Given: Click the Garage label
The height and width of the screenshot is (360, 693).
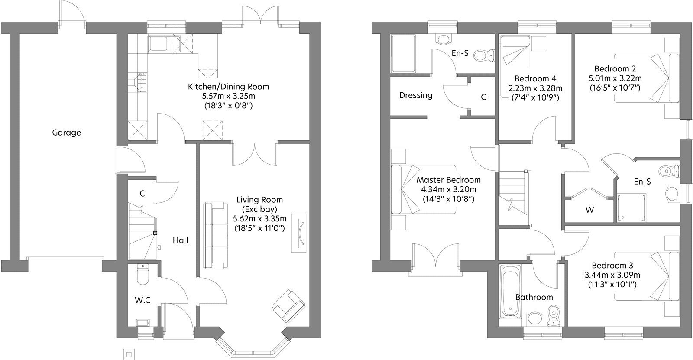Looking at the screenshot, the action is click(67, 133).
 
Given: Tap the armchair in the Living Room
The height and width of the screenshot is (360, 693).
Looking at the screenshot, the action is click(288, 305).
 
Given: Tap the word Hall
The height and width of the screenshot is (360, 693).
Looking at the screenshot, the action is click(180, 240).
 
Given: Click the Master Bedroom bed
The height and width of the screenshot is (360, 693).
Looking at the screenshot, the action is click(423, 189).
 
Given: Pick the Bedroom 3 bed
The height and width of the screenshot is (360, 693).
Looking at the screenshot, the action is click(647, 276).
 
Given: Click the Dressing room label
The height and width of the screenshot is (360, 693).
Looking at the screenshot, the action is click(416, 95).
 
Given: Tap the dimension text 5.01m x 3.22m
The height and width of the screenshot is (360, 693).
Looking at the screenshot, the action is click(615, 78).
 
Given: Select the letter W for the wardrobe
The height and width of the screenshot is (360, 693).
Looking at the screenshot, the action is click(589, 210).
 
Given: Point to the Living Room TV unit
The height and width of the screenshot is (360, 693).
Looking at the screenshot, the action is click(299, 233).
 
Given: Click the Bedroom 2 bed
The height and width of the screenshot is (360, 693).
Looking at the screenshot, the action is click(647, 78).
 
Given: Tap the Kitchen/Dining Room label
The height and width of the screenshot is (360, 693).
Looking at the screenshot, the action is click(229, 87).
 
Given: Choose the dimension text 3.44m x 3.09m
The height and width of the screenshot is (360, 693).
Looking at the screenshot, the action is click(612, 275).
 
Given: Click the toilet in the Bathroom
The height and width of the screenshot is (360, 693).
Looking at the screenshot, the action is click(554, 316).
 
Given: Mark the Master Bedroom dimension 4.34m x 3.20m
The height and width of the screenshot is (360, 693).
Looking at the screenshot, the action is click(449, 189).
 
